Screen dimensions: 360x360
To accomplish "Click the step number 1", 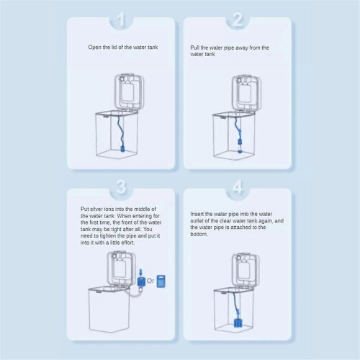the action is click(122, 19).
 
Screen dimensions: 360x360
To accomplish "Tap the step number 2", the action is click(238, 19).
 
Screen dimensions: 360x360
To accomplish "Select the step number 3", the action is click(121, 186).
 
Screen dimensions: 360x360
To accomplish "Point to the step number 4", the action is click(238, 186).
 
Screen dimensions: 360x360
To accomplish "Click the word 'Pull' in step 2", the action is click(194, 48).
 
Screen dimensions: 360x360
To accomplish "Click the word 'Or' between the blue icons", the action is click(150, 281).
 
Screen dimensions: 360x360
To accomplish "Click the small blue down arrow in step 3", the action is click(141, 272).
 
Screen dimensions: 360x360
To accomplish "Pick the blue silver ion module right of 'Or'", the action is click(161, 281).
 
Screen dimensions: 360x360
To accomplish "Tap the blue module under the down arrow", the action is click(141, 282).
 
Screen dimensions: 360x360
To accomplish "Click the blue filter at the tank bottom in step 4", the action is click(238, 322).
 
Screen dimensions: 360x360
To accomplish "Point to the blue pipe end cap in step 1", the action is click(122, 149).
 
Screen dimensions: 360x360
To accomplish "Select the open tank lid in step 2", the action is click(246, 94).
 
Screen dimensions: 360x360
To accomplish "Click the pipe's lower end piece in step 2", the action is click(240, 145).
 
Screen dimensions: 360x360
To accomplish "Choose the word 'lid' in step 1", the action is click(114, 48).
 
